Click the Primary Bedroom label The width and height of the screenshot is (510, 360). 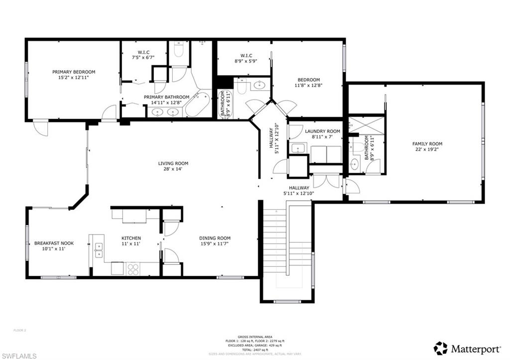coord(74,72)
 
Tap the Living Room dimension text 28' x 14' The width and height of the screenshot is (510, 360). coord(173,169)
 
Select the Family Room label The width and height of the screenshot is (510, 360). coord(427,144)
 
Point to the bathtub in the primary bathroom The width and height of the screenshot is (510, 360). coord(198,105)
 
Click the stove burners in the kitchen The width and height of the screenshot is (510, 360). coord(133,269)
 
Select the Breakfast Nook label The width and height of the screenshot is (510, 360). coord(54,243)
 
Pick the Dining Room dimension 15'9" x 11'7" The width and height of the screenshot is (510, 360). coord(215,244)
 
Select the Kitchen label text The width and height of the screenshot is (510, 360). coord(131,238)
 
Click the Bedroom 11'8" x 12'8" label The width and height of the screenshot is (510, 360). coord(309,80)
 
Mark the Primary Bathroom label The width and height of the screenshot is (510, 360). coord(166,97)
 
